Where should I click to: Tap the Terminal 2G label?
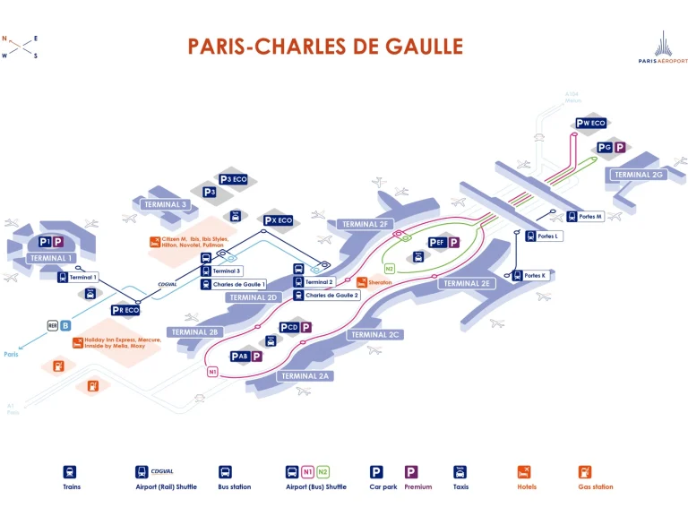[x=639, y=175]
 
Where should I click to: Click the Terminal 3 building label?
[x=166, y=204]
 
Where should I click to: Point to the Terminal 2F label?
[x=365, y=224]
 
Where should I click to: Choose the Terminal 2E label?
[x=467, y=283]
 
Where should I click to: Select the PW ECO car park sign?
[x=591, y=124]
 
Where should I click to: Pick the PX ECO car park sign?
[x=278, y=220]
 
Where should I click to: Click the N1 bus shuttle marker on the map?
[x=212, y=371]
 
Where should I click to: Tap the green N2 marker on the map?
[x=390, y=268]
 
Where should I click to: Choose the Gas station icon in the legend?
[x=584, y=471]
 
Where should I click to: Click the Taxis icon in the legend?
[x=460, y=471]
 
